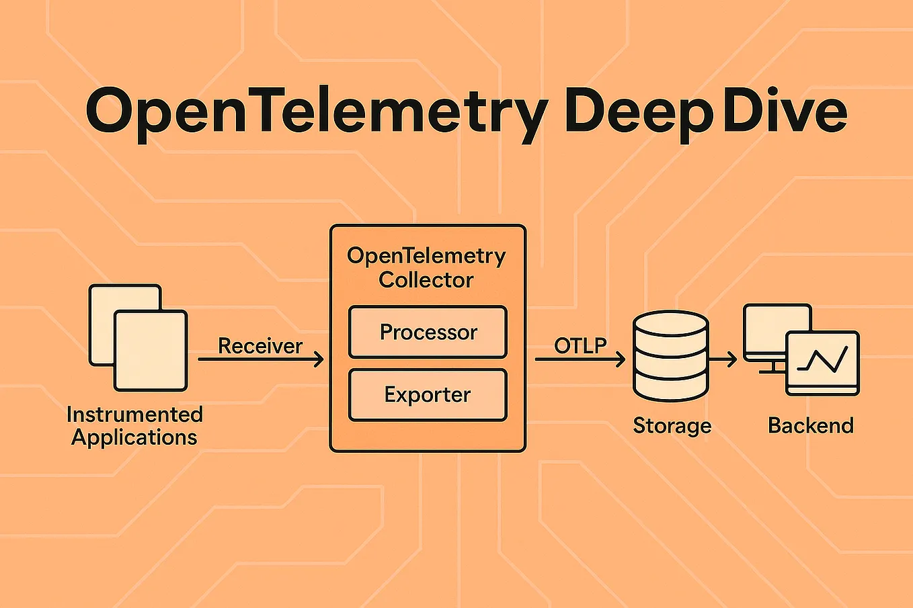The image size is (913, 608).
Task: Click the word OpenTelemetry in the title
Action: click(316, 112)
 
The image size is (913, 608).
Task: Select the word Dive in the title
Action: click(785, 110)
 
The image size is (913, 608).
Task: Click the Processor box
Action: click(428, 332)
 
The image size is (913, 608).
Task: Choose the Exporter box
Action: click(428, 394)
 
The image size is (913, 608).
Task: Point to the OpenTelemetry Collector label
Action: click(426, 267)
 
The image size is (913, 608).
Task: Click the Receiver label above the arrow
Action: click(260, 346)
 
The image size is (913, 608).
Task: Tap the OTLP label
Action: click(580, 345)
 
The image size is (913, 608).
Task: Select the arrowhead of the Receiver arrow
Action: click(319, 359)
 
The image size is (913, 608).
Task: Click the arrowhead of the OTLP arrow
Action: click(620, 359)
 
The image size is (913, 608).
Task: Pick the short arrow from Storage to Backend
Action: click(723, 361)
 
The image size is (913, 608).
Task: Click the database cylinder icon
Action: click(670, 356)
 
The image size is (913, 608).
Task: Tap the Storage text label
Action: click(672, 425)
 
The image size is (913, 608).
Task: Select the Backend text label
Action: click(811, 425)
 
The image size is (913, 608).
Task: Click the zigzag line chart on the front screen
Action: click(822, 361)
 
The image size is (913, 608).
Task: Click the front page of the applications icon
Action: click(151, 350)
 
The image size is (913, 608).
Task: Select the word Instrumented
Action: click(134, 414)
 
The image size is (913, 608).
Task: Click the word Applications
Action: click(134, 437)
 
